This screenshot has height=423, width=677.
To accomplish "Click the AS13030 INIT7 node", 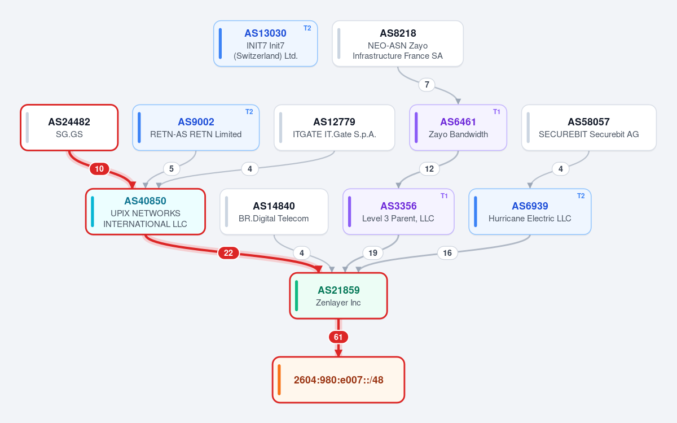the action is coord(265,43).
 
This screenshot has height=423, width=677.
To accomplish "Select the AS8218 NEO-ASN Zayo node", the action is coord(398,43).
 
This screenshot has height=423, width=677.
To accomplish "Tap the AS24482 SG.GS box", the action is coord(69,128).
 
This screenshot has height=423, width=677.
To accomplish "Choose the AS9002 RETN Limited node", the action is coord(196,128).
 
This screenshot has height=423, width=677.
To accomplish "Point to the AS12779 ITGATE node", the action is coord(334,128).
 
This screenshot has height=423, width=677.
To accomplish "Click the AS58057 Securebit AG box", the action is coord(589,128).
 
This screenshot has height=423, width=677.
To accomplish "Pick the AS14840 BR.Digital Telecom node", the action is coord(274,211).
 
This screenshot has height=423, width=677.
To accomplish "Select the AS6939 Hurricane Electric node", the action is coord(530,211).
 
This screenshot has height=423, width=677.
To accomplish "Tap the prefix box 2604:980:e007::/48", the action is coord(338,380).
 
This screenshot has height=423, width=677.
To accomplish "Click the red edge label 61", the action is coord(338,337).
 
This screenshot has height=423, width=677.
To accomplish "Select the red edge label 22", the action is coord(228,252).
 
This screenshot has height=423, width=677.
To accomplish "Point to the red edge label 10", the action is coord(99,168).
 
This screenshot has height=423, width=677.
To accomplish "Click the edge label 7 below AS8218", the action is coord(427,84).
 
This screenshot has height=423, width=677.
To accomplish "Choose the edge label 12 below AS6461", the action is coord(429,168).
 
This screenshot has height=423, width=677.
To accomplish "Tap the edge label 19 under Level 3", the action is coord(373,252).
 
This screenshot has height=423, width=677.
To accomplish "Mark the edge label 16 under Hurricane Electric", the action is coord(447,252).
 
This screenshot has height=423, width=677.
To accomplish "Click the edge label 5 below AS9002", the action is coord(172,168).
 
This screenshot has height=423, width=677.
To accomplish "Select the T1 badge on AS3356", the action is coord(444,196).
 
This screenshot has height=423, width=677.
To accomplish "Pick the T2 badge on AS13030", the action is coord(307,28).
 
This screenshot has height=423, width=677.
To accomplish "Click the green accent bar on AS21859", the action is coord(297,295).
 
